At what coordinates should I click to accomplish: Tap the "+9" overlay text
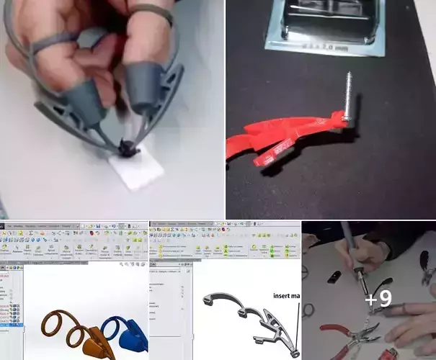[x=379, y=300]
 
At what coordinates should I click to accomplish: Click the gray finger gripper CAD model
[x=252, y=317]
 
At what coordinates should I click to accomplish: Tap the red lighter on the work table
[x=388, y=354]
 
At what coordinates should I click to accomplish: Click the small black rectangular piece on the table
[x=334, y=276]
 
